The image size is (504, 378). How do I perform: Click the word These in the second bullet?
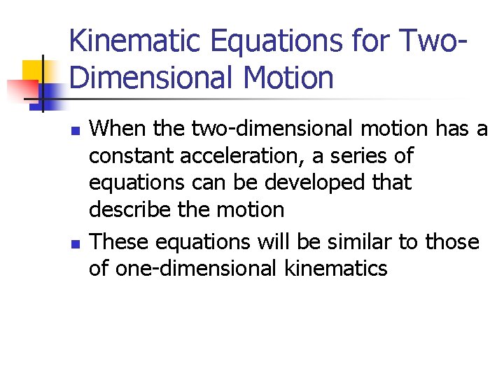point(119,241)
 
